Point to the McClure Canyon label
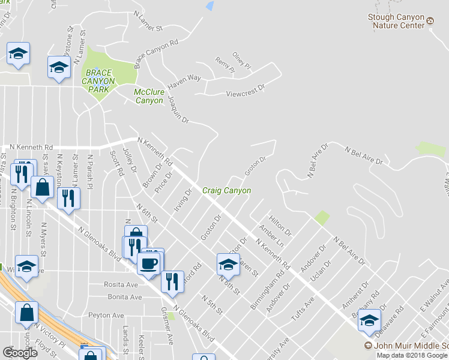pyautogui.click(x=148, y=96)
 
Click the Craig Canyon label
pyautogui.click(x=226, y=191)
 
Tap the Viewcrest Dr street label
pyautogui.click(x=245, y=94)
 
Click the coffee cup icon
pyautogui.click(x=149, y=263)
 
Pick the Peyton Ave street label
pyautogui.click(x=106, y=316)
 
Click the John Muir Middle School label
pyautogui.click(x=411, y=346)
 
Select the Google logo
pyautogui.click(x=20, y=353)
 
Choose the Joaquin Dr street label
pyautogui.click(x=178, y=110)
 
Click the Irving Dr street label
pyautogui.click(x=183, y=202)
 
